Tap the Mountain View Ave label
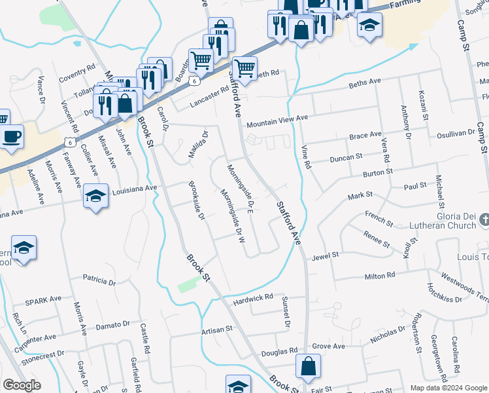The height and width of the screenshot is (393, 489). coord(277,121)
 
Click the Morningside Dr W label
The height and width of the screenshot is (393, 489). coord(232,216)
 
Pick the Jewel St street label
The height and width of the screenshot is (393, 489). coord(325,255)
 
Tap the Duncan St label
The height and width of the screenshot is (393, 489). coord(346,158)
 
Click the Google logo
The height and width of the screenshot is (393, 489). coord(21,385)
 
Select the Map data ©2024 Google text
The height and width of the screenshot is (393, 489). coord(448,388)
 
